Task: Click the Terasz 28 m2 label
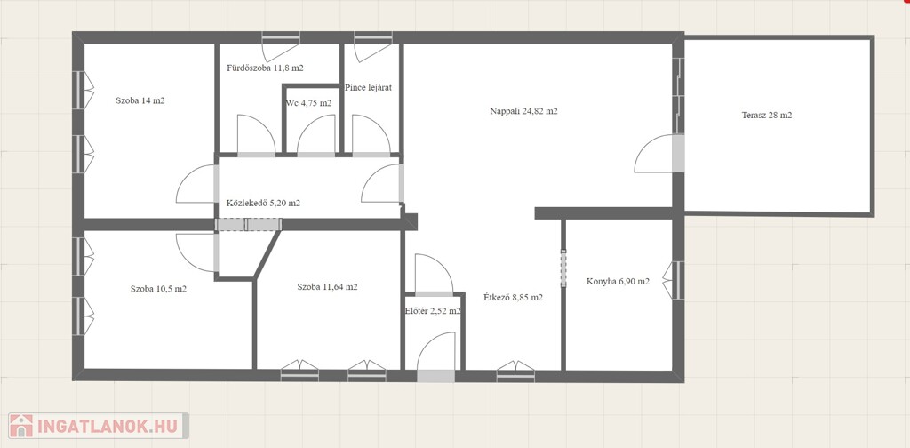coord(767,115)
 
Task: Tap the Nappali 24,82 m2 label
coord(523,111)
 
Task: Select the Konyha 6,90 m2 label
coord(618,282)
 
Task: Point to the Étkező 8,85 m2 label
coord(513,298)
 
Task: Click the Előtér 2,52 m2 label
coord(433,310)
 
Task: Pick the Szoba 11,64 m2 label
coord(327,287)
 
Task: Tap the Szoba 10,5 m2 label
coord(158,288)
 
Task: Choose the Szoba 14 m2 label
coord(140,100)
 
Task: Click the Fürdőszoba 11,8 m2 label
coord(265,68)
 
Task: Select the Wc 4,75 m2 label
coord(308,103)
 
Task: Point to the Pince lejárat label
coord(369,88)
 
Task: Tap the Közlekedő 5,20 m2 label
coord(263,203)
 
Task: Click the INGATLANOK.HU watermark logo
coord(99,426)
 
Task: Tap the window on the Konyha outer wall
coord(675,280)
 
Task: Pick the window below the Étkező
coord(515,372)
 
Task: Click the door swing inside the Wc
coord(316,135)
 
